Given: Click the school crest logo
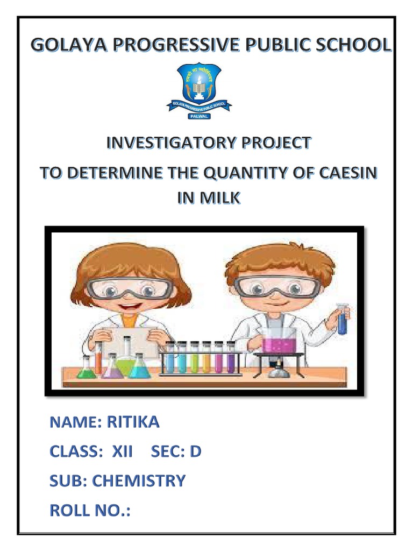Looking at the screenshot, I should [198, 86].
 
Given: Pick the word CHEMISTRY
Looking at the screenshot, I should [139, 481].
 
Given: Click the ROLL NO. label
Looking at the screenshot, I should [89, 510].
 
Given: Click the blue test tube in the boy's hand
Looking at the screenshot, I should [342, 320].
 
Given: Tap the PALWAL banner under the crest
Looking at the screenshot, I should [198, 115].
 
